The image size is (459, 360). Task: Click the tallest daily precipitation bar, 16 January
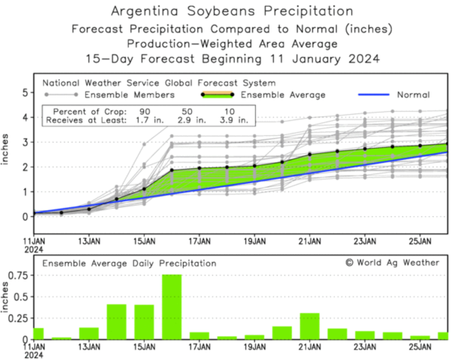point(172,307)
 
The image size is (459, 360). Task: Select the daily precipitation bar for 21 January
point(310,326)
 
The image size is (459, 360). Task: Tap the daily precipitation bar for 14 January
point(116,322)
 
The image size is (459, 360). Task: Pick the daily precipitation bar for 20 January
point(282,333)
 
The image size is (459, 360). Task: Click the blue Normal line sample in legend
point(373,95)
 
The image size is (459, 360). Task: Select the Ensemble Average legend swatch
point(217,95)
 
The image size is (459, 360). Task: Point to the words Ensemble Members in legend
point(129,95)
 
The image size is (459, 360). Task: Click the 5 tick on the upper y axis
point(26,93)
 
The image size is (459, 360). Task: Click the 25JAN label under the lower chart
point(420,347)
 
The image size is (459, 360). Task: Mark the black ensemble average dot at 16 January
point(172,170)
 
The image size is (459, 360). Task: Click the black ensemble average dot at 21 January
point(310,154)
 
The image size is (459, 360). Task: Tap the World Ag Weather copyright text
point(392,262)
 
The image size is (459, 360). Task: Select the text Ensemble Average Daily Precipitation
point(129,264)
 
